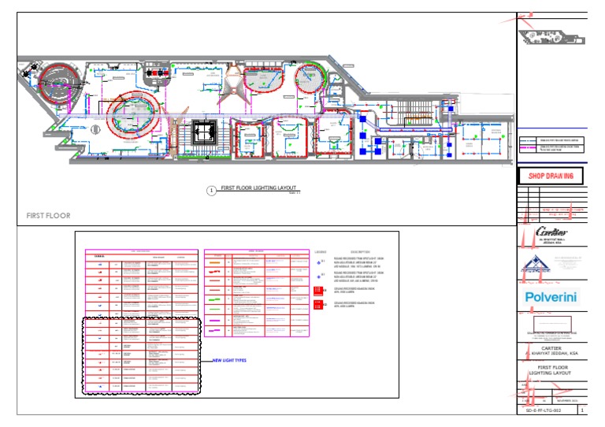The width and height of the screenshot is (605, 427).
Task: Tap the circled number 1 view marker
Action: tap(210, 190)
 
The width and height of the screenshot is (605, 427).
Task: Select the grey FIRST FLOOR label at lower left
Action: tap(48, 215)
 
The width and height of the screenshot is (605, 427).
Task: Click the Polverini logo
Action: tap(551, 297)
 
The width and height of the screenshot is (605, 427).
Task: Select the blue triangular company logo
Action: tap(535, 265)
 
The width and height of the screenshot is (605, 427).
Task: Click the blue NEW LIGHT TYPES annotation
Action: tap(229, 360)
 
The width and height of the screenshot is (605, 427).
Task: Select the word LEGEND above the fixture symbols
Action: tap(320, 252)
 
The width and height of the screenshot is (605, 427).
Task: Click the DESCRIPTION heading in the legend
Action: tap(354, 252)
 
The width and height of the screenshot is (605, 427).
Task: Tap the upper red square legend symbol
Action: tap(319, 290)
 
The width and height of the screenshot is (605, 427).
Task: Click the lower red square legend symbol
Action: tap(319, 304)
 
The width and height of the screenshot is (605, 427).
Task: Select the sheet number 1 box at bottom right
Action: tap(581, 410)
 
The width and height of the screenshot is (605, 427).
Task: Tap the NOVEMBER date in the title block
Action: tap(567, 401)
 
